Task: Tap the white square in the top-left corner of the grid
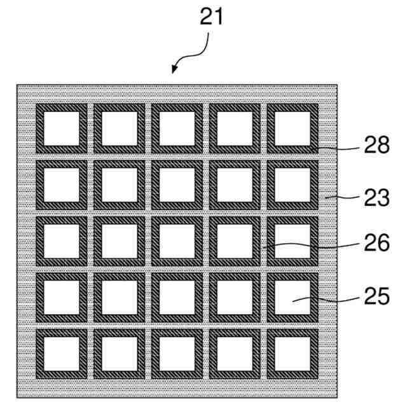[x=61, y=128]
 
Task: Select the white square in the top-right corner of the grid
[x=293, y=128]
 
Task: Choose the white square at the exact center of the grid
[x=177, y=241]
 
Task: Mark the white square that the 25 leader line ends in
[x=293, y=297]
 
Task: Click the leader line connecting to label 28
[x=337, y=148]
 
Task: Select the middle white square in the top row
[x=177, y=128]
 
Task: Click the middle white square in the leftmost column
[x=61, y=241]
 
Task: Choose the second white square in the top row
[x=119, y=128]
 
